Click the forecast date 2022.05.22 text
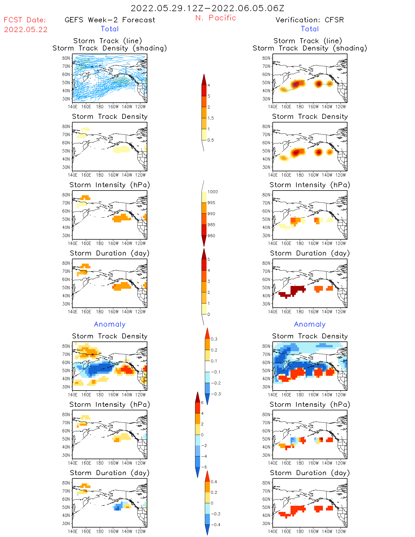tap(26, 30)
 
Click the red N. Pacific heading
tap(216, 18)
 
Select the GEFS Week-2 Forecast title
tap(110, 20)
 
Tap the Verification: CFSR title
tap(310, 20)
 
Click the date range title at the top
tap(207, 8)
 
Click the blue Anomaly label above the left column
tap(110, 324)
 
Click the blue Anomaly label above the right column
tap(310, 324)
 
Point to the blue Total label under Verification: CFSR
tap(310, 29)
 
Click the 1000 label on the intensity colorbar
tap(212, 192)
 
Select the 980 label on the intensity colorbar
tap(211, 236)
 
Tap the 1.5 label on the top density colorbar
tap(211, 118)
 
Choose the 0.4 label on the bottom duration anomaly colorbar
tap(214, 482)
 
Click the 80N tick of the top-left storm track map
tap(66, 58)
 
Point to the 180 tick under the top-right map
tap(300, 107)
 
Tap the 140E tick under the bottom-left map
tap(73, 531)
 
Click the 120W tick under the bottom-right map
tap(340, 531)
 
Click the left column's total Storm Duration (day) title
tap(110, 253)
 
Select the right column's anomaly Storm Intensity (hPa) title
tap(310, 404)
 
